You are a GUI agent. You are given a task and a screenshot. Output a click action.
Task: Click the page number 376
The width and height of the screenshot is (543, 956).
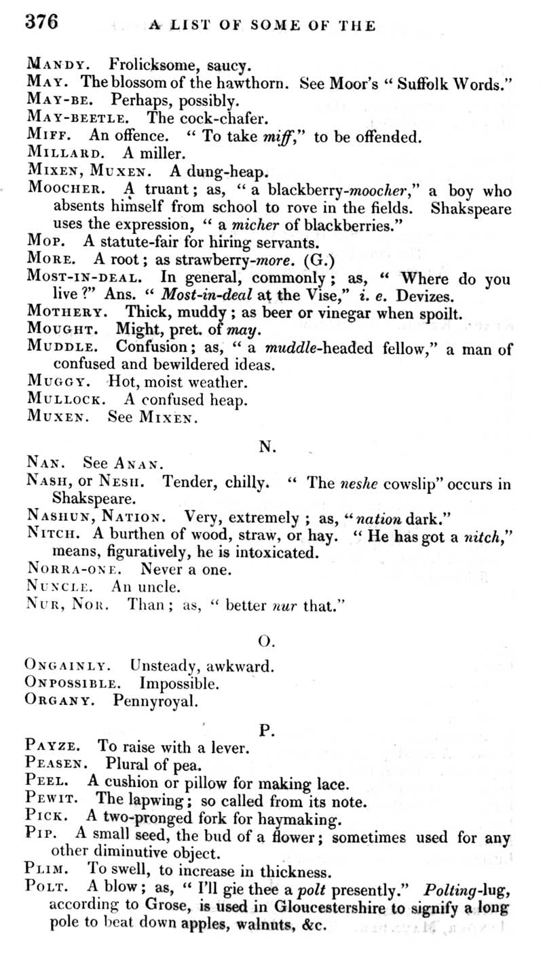click(x=42, y=22)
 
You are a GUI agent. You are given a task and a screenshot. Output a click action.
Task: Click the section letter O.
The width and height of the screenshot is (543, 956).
click(x=267, y=640)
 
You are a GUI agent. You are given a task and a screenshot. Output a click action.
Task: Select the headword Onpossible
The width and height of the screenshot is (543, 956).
click(x=73, y=683)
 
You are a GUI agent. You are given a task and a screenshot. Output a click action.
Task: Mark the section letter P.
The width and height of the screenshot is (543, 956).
click(x=267, y=731)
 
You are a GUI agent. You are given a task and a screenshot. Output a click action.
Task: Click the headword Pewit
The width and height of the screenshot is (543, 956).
click(x=52, y=800)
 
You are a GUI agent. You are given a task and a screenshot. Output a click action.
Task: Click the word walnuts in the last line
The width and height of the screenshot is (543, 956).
click(x=265, y=923)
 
